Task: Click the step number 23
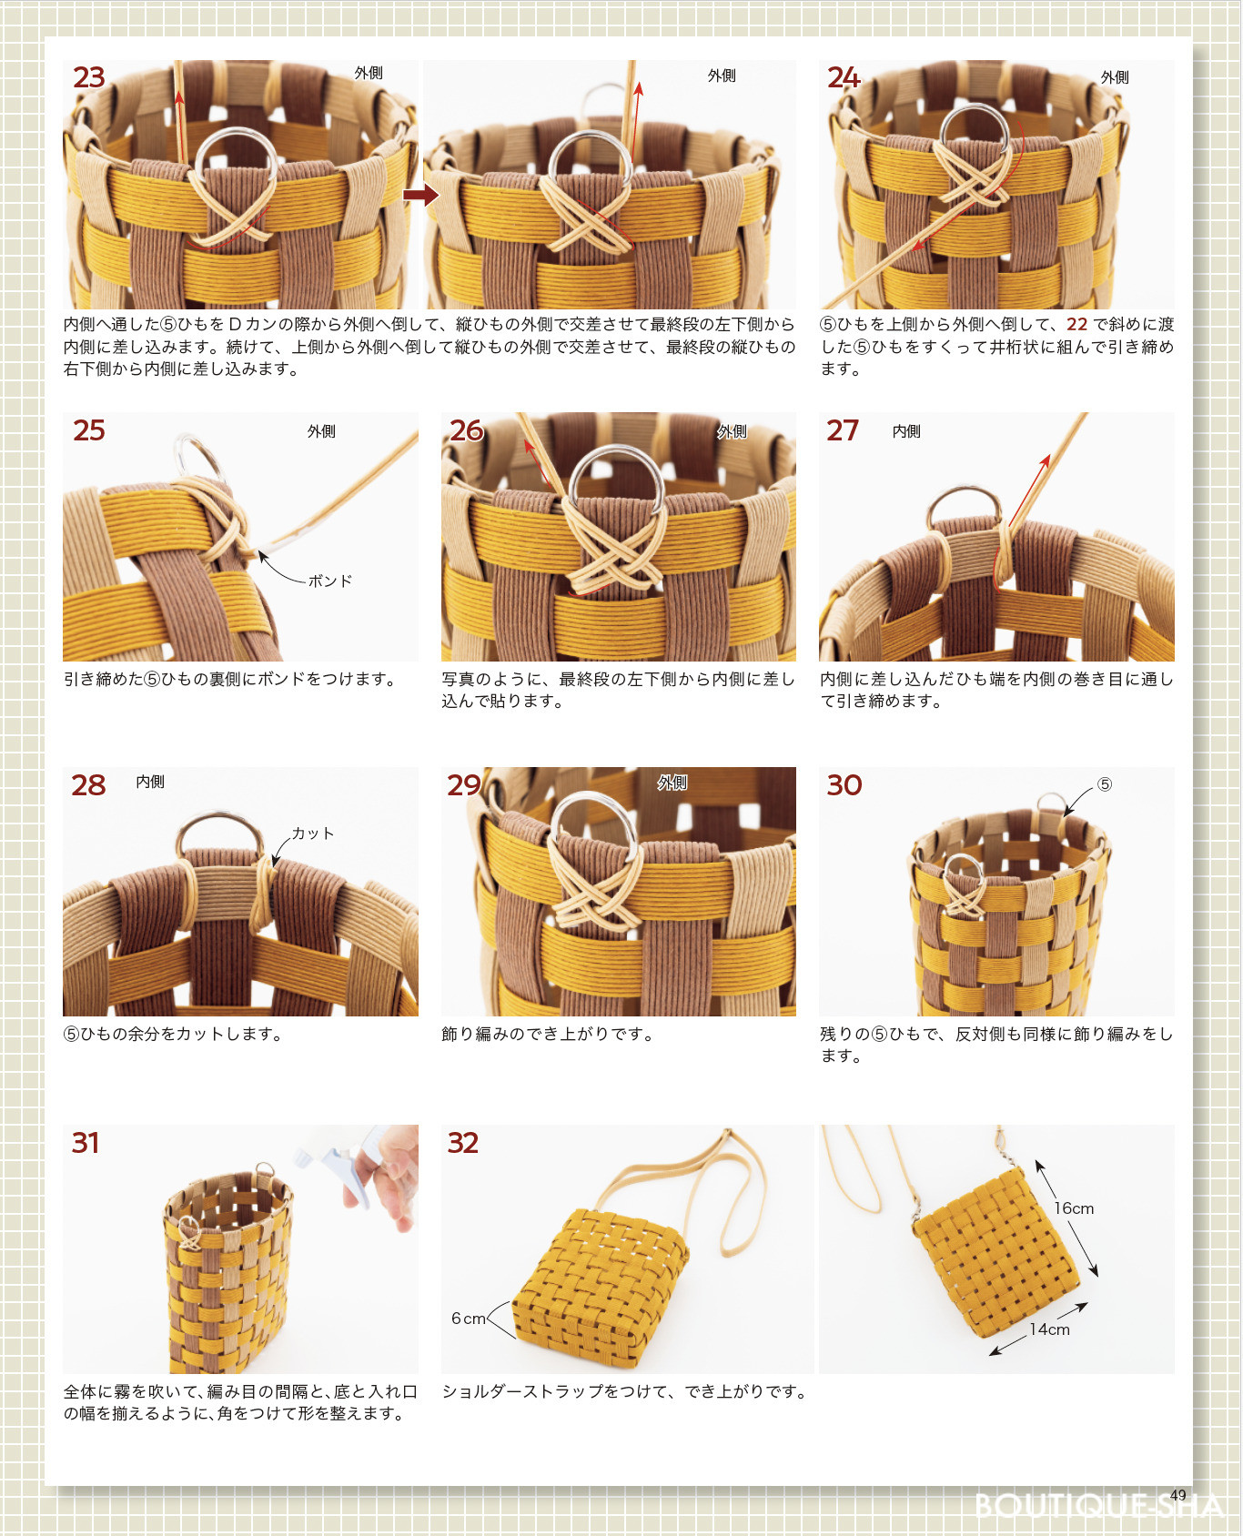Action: [x=89, y=77]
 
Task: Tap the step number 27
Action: [x=842, y=429]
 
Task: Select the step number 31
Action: [x=86, y=1142]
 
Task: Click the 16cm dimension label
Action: [x=1074, y=1208]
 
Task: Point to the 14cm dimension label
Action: [x=1049, y=1329]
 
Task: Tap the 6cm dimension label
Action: [x=469, y=1319]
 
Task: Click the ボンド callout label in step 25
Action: [x=329, y=581]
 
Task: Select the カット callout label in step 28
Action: [x=313, y=834]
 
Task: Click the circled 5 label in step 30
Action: [x=1104, y=784]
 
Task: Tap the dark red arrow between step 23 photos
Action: [x=420, y=195]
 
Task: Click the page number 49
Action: [x=1178, y=1495]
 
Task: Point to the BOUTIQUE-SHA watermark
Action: [x=1098, y=1506]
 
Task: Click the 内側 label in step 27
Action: [x=906, y=431]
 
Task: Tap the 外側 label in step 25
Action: [x=321, y=431]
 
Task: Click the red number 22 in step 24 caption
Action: [x=1077, y=324]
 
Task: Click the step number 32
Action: [x=463, y=1142]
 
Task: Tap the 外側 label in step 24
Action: [x=1115, y=77]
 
